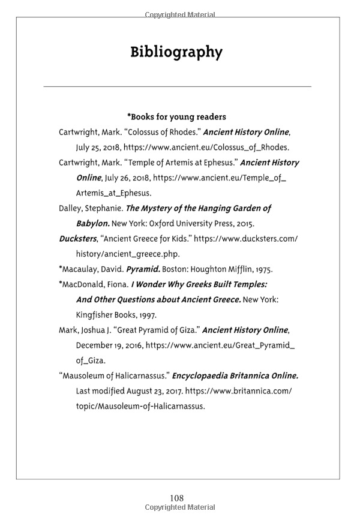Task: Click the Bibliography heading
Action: point(176,53)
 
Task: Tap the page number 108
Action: point(176,498)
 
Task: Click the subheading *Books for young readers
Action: point(176,116)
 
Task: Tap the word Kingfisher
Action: point(95,314)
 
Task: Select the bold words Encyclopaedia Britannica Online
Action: point(235,376)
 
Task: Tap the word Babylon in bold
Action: point(92,224)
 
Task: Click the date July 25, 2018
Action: point(98,147)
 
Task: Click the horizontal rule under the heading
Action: point(178,87)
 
